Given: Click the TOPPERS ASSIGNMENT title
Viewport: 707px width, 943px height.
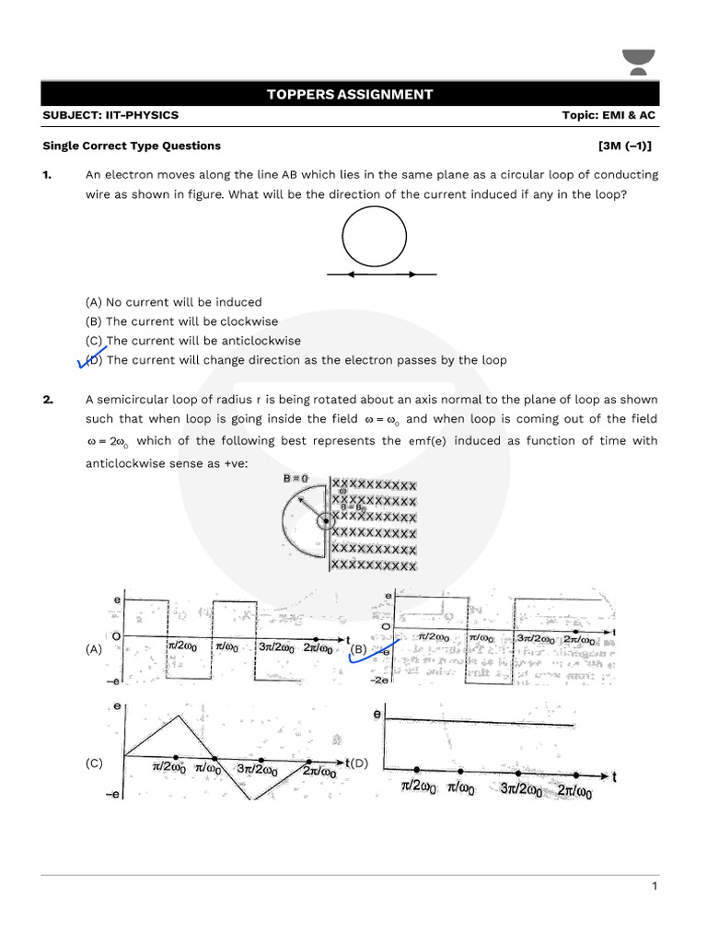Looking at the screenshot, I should (349, 94).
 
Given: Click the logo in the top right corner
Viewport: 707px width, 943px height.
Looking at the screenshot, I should (636, 63).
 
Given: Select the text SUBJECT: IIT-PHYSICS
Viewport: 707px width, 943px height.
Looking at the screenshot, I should (110, 115).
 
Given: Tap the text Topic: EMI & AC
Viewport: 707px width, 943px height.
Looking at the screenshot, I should (608, 115).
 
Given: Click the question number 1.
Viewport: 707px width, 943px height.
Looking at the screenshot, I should (46, 174).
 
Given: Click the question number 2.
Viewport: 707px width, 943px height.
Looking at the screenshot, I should (47, 399).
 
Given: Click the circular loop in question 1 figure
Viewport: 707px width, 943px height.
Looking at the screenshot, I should (375, 238).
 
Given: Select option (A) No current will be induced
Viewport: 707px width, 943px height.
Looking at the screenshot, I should (173, 302).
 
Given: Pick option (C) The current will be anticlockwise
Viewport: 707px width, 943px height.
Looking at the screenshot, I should (192, 341).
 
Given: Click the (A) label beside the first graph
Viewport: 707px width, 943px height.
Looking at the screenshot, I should (94, 649).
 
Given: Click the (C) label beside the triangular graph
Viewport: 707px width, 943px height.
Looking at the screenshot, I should (94, 763).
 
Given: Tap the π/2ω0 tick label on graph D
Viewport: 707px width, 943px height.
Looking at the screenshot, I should (417, 786).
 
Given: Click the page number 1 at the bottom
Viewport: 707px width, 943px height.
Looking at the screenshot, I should (655, 887).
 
